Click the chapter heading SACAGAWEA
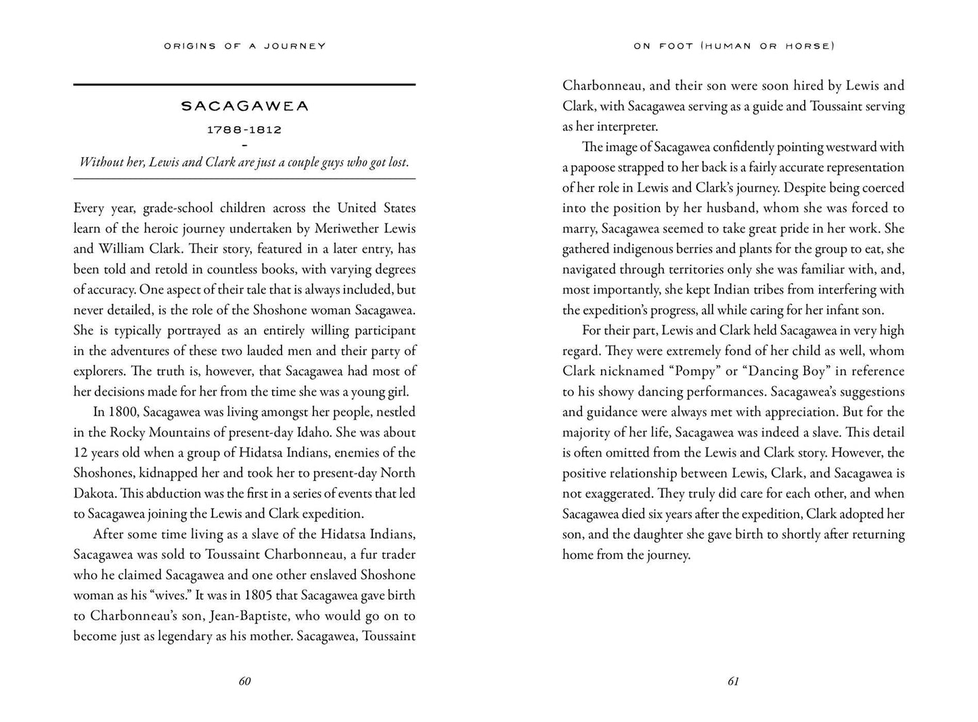244,106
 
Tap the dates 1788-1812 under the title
244,129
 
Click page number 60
244,681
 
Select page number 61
733,681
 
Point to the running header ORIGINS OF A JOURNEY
244,46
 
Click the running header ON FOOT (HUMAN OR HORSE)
734,46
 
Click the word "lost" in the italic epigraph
397,163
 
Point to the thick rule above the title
244,85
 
